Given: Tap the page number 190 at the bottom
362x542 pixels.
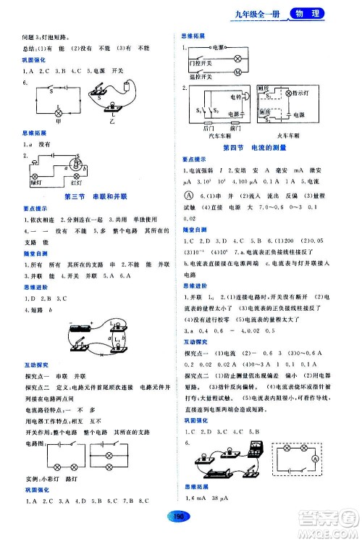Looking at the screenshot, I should click(x=181, y=515).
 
